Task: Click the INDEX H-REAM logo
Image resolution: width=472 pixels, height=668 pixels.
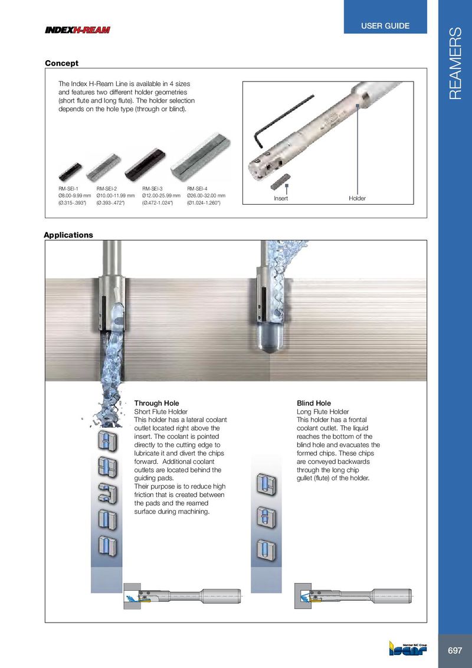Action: coord(77,30)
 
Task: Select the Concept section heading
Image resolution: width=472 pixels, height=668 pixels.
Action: coord(62,63)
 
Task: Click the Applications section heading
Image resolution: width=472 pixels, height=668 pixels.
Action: coord(68,235)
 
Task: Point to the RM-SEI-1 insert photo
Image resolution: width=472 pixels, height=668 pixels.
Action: coord(70,172)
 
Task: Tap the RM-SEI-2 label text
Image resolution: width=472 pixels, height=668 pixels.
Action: coord(107,188)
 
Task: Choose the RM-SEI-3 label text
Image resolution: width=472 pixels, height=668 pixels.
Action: coord(152,188)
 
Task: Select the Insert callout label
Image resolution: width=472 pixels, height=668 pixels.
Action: coord(281,198)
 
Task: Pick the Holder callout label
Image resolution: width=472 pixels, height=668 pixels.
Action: coord(357,198)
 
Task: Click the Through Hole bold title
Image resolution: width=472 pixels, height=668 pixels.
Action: coord(157,403)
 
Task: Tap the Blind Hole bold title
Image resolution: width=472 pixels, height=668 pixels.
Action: coord(314,403)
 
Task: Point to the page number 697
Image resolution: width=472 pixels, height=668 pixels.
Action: coord(455,650)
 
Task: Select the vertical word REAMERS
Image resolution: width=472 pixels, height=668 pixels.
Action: coord(455,63)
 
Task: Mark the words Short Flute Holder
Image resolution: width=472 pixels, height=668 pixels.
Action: coord(161,411)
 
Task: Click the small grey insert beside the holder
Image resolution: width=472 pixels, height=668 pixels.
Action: coord(280,181)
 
